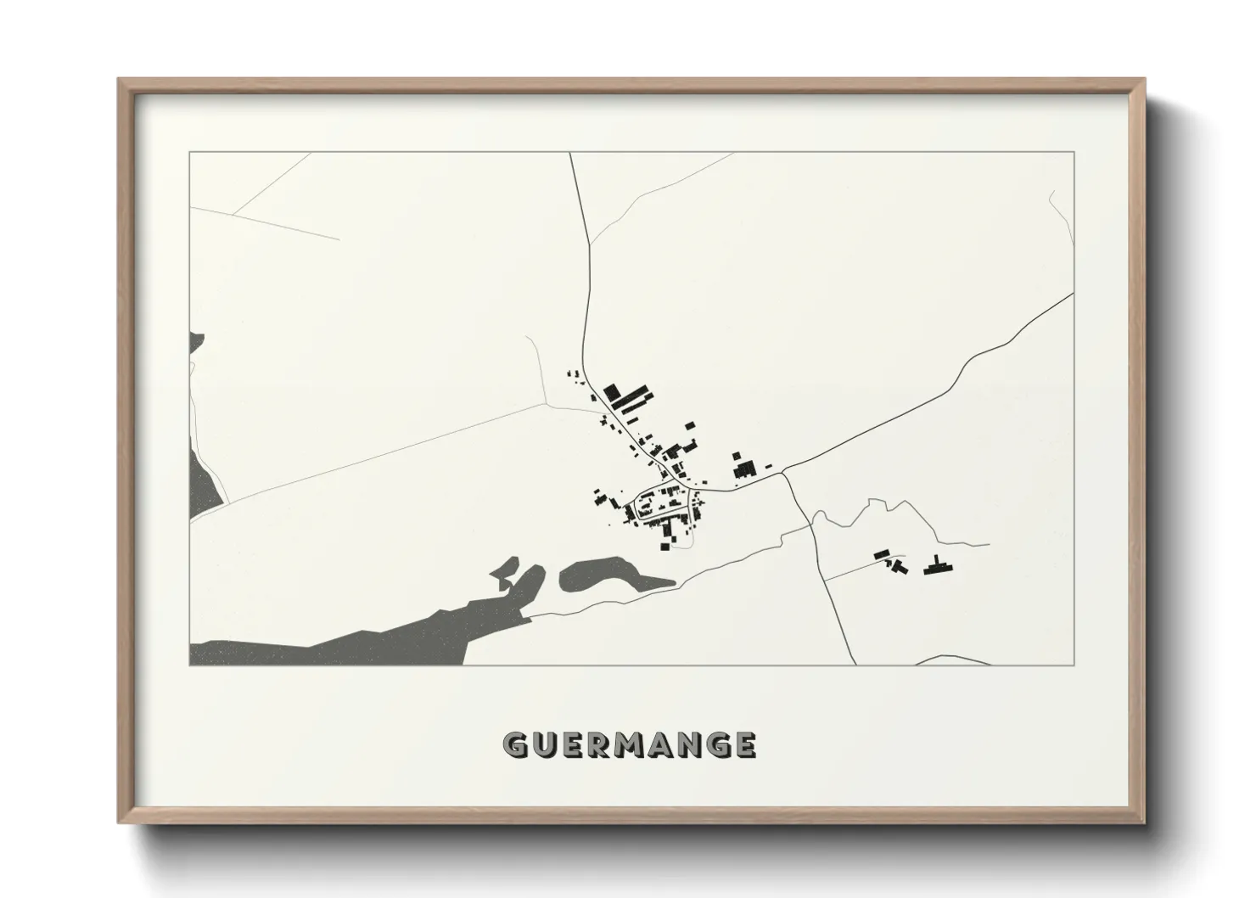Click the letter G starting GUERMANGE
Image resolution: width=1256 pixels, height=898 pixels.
pos(516,744)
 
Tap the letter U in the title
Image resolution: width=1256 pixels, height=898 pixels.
pos(545,744)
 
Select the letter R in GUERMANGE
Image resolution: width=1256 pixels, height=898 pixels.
pos(599,744)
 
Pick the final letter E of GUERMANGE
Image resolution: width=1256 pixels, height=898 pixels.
pos(746,744)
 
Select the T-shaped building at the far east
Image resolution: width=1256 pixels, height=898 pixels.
pos(936,565)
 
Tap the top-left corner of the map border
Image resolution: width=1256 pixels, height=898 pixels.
pos(190,153)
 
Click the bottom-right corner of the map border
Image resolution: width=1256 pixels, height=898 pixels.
pos(1074,665)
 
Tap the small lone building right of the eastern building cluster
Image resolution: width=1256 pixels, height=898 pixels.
pos(769,465)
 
